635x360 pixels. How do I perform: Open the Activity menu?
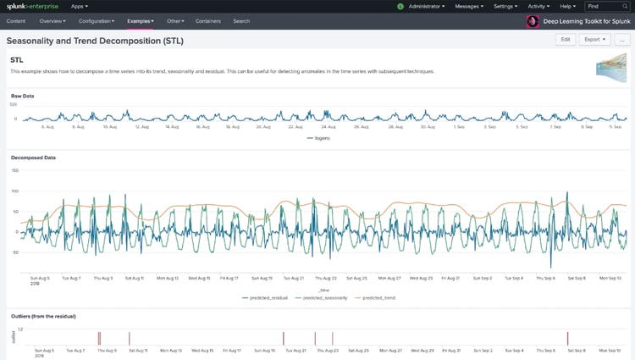(539, 6)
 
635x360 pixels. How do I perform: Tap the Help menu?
(568, 6)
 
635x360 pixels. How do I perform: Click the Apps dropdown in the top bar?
(80, 6)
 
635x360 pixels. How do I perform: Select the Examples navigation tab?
(140, 19)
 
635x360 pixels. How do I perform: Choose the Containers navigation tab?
(208, 19)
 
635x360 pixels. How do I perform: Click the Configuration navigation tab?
(96, 19)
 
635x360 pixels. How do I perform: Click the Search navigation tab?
(241, 19)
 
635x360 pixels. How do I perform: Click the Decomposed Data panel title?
(32, 158)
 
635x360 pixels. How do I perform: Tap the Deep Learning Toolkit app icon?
(533, 20)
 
